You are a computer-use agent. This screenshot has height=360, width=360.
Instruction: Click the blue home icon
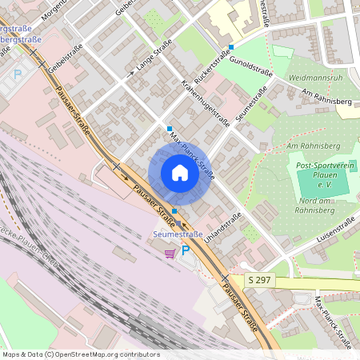click(180, 173)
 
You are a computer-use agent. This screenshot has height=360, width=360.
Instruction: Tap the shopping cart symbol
click(170, 253)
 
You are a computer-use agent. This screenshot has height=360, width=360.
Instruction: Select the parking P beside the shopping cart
click(186, 251)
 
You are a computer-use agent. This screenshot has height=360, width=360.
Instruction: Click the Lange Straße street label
click(154, 60)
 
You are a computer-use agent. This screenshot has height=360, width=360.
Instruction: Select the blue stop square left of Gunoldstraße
click(230, 47)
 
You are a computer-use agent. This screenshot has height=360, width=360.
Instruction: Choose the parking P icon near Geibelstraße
click(18, 74)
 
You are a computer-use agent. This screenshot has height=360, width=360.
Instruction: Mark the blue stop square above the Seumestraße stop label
click(174, 210)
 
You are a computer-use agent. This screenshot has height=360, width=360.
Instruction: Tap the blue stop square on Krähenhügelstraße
click(169, 129)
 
